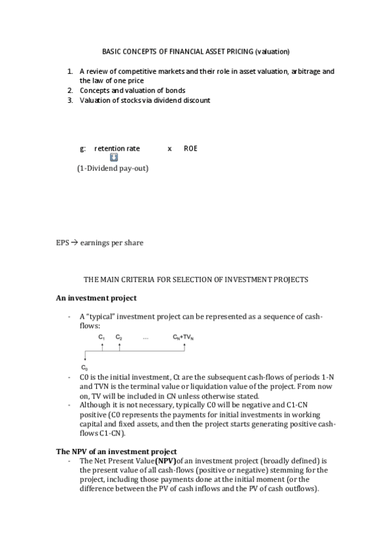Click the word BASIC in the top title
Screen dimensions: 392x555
[x=113, y=51]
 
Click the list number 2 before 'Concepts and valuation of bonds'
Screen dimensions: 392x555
[x=70, y=90]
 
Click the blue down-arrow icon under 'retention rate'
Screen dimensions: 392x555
[x=114, y=158]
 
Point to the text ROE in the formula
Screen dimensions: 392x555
[x=190, y=149]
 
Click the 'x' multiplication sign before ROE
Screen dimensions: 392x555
[x=169, y=149]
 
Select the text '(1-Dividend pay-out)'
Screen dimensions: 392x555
[x=113, y=168]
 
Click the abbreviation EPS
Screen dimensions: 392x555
[x=62, y=243]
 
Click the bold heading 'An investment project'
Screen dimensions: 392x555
[x=96, y=298]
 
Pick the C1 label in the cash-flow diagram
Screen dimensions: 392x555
[x=101, y=336]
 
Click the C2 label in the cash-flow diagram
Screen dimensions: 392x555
[x=118, y=336]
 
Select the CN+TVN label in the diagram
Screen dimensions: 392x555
[x=183, y=336]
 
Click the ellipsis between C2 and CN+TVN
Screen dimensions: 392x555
[x=145, y=336]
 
